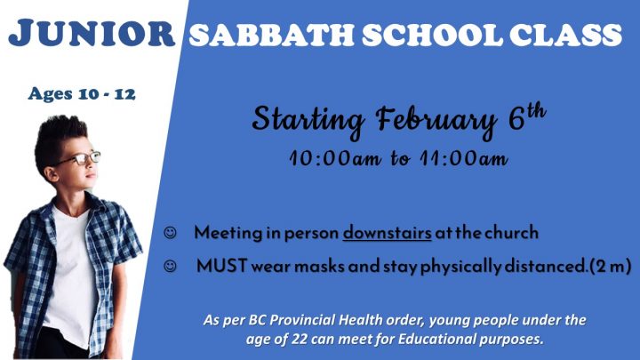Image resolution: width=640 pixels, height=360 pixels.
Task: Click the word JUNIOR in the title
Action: (x=92, y=33)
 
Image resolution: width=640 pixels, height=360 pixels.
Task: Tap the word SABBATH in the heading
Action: (x=271, y=35)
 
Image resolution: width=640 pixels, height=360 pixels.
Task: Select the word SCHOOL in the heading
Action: (x=432, y=35)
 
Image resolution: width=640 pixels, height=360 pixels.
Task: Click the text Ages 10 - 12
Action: (x=82, y=94)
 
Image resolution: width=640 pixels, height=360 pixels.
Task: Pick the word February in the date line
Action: (x=436, y=121)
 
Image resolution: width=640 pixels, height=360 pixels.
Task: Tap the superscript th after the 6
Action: (x=535, y=110)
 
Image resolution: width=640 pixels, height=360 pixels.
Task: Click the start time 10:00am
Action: (x=335, y=158)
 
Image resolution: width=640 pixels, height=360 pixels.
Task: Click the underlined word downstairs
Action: (x=387, y=233)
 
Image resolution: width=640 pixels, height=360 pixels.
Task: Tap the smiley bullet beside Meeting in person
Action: (x=170, y=233)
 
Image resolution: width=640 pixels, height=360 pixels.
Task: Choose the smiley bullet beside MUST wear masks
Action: (x=170, y=266)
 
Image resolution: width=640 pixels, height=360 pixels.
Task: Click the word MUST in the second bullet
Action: (x=221, y=266)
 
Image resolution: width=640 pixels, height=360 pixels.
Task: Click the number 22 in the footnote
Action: (x=300, y=340)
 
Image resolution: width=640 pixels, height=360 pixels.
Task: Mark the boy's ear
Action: (x=52, y=174)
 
